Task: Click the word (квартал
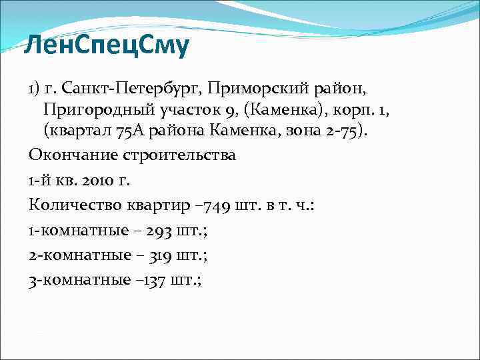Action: [x=74, y=129]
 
